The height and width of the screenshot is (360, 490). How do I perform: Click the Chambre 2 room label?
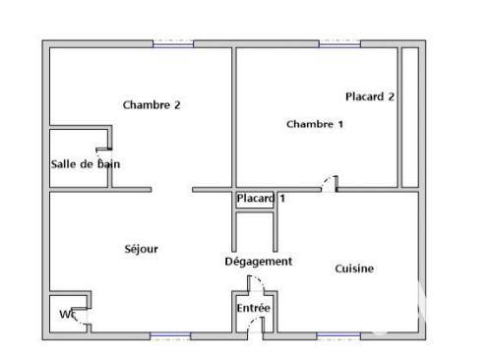[x=152, y=104]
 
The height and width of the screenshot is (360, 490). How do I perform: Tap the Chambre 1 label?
[x=315, y=124]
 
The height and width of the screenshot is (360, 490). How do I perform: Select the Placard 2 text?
[x=370, y=96]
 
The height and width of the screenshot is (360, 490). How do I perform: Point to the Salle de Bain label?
[x=86, y=164]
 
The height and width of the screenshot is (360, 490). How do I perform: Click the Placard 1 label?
[x=261, y=199]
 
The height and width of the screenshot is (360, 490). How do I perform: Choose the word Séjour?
[x=142, y=249]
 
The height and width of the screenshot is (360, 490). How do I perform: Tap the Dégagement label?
[x=259, y=261]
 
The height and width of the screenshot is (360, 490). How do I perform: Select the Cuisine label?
[x=354, y=268]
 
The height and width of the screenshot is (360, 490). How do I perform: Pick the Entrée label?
[x=253, y=308]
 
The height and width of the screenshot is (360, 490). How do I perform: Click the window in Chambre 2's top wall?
[x=173, y=43]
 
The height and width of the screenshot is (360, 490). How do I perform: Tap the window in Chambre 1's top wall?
[x=339, y=43]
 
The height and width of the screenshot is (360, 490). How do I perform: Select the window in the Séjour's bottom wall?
[x=169, y=336]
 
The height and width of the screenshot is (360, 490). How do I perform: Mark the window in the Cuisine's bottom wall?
[x=337, y=336]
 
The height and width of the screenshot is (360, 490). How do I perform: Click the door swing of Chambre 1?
[x=330, y=183]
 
